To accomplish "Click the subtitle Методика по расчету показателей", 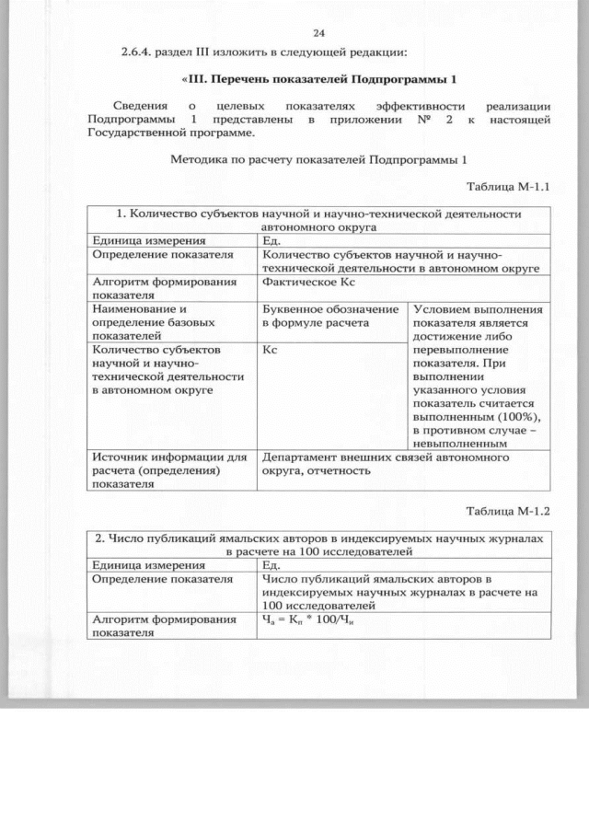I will (318, 159).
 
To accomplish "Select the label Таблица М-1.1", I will (508, 187).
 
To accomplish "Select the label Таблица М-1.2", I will (508, 511).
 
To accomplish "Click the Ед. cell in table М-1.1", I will (271, 241).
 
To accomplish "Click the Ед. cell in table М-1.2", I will (271, 565).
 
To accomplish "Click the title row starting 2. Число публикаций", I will (318, 543).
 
